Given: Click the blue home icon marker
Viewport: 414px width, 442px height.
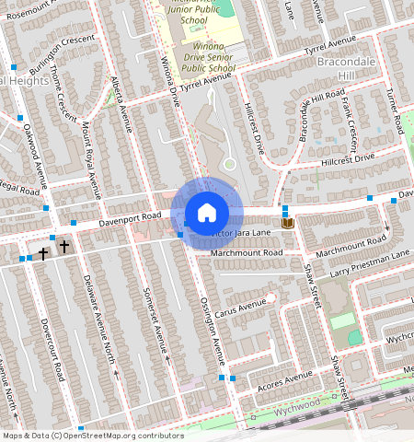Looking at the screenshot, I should tap(207, 212).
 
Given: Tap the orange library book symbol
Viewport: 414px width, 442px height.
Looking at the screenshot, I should tap(287, 223).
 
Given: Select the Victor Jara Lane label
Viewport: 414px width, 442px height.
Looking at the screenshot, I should tap(244, 234).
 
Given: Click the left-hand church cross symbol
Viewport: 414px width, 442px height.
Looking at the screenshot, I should tap(42, 251).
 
